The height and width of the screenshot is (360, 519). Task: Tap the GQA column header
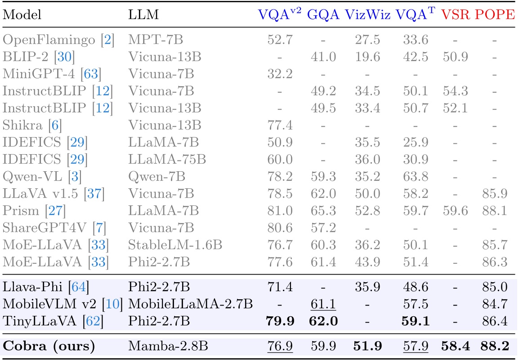(323, 15)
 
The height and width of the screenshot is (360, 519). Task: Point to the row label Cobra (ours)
(49, 347)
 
